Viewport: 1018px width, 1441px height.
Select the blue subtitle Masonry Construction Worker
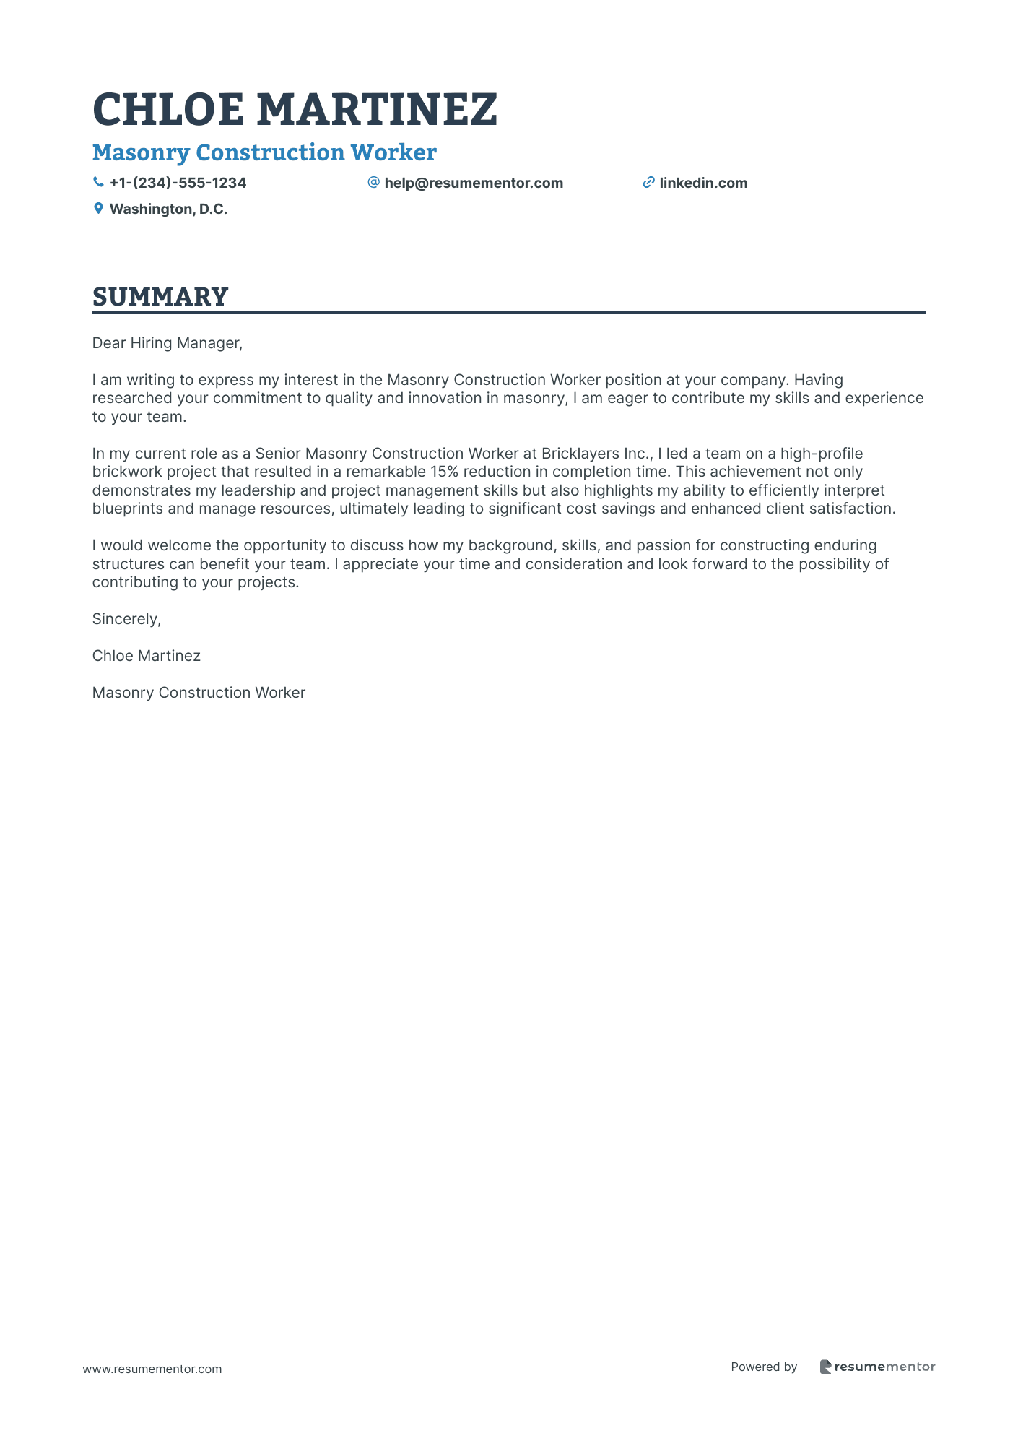[264, 152]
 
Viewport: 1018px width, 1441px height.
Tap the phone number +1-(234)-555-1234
[178, 183]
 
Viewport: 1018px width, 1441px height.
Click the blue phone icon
[98, 183]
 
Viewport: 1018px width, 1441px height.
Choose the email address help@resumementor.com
[474, 183]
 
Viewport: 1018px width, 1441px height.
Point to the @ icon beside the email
[373, 183]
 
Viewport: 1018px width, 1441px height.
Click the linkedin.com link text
[703, 183]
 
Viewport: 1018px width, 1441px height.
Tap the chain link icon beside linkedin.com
[648, 183]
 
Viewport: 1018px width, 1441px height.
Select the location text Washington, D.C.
[168, 209]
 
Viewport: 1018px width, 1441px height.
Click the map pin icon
[98, 209]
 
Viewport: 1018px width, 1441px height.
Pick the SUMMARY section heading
[160, 297]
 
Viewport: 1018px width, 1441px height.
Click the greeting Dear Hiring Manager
[167, 343]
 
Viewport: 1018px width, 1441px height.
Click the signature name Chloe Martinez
[147, 656]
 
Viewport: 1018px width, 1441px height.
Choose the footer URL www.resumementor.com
[152, 1369]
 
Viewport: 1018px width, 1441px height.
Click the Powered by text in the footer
[764, 1367]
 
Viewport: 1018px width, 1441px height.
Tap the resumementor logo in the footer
[877, 1367]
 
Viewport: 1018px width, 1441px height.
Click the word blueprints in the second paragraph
[128, 509]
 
